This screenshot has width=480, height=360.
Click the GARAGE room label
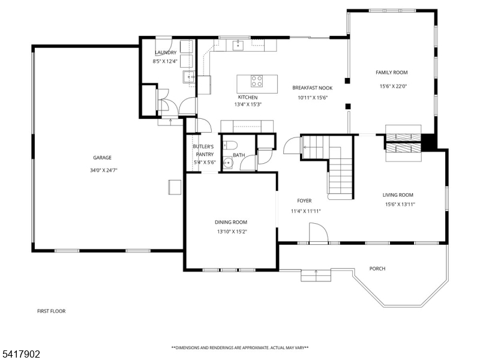point(102,158)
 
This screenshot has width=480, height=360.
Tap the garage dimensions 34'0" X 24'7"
point(103,170)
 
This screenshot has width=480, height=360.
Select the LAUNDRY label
point(166,53)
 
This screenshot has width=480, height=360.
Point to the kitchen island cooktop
point(257,81)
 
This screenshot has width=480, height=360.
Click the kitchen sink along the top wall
point(238,45)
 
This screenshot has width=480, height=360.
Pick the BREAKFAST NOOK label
point(312,88)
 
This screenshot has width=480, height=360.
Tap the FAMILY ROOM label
point(392,73)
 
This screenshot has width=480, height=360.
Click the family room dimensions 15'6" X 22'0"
point(394,86)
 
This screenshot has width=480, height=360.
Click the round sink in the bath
point(227,163)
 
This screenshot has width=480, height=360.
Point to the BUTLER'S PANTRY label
point(204,151)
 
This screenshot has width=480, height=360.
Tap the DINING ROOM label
point(231,222)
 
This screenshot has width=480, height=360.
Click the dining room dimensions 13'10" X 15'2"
point(232,232)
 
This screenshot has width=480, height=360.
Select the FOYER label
point(304,201)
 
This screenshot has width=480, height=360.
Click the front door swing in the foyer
point(319,233)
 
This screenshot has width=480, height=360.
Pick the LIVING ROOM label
point(398,195)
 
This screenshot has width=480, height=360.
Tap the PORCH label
point(377,268)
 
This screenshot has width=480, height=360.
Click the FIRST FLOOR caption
point(52,311)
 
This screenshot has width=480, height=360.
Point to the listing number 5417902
point(20,354)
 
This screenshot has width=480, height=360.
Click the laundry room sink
point(188,77)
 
